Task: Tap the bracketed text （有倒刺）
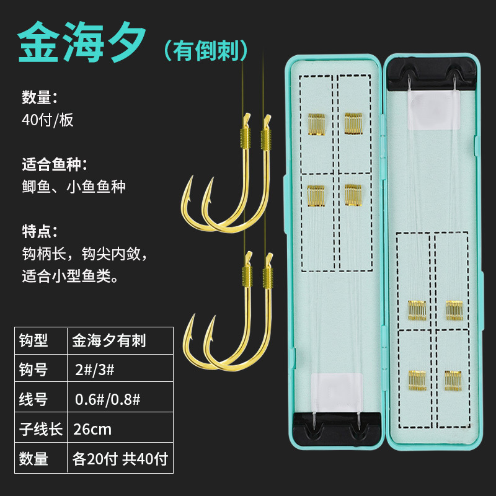pyautogui.click(x=209, y=50)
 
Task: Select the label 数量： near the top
pyautogui.click(x=39, y=97)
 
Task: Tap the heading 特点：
pyautogui.click(x=39, y=232)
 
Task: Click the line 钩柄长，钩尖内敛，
pyautogui.click(x=86, y=254)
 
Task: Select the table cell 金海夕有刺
pyautogui.click(x=108, y=340)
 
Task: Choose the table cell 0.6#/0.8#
pyautogui.click(x=107, y=399)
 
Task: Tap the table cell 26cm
pyautogui.click(x=92, y=428)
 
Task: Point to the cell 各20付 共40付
pyautogui.click(x=120, y=459)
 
